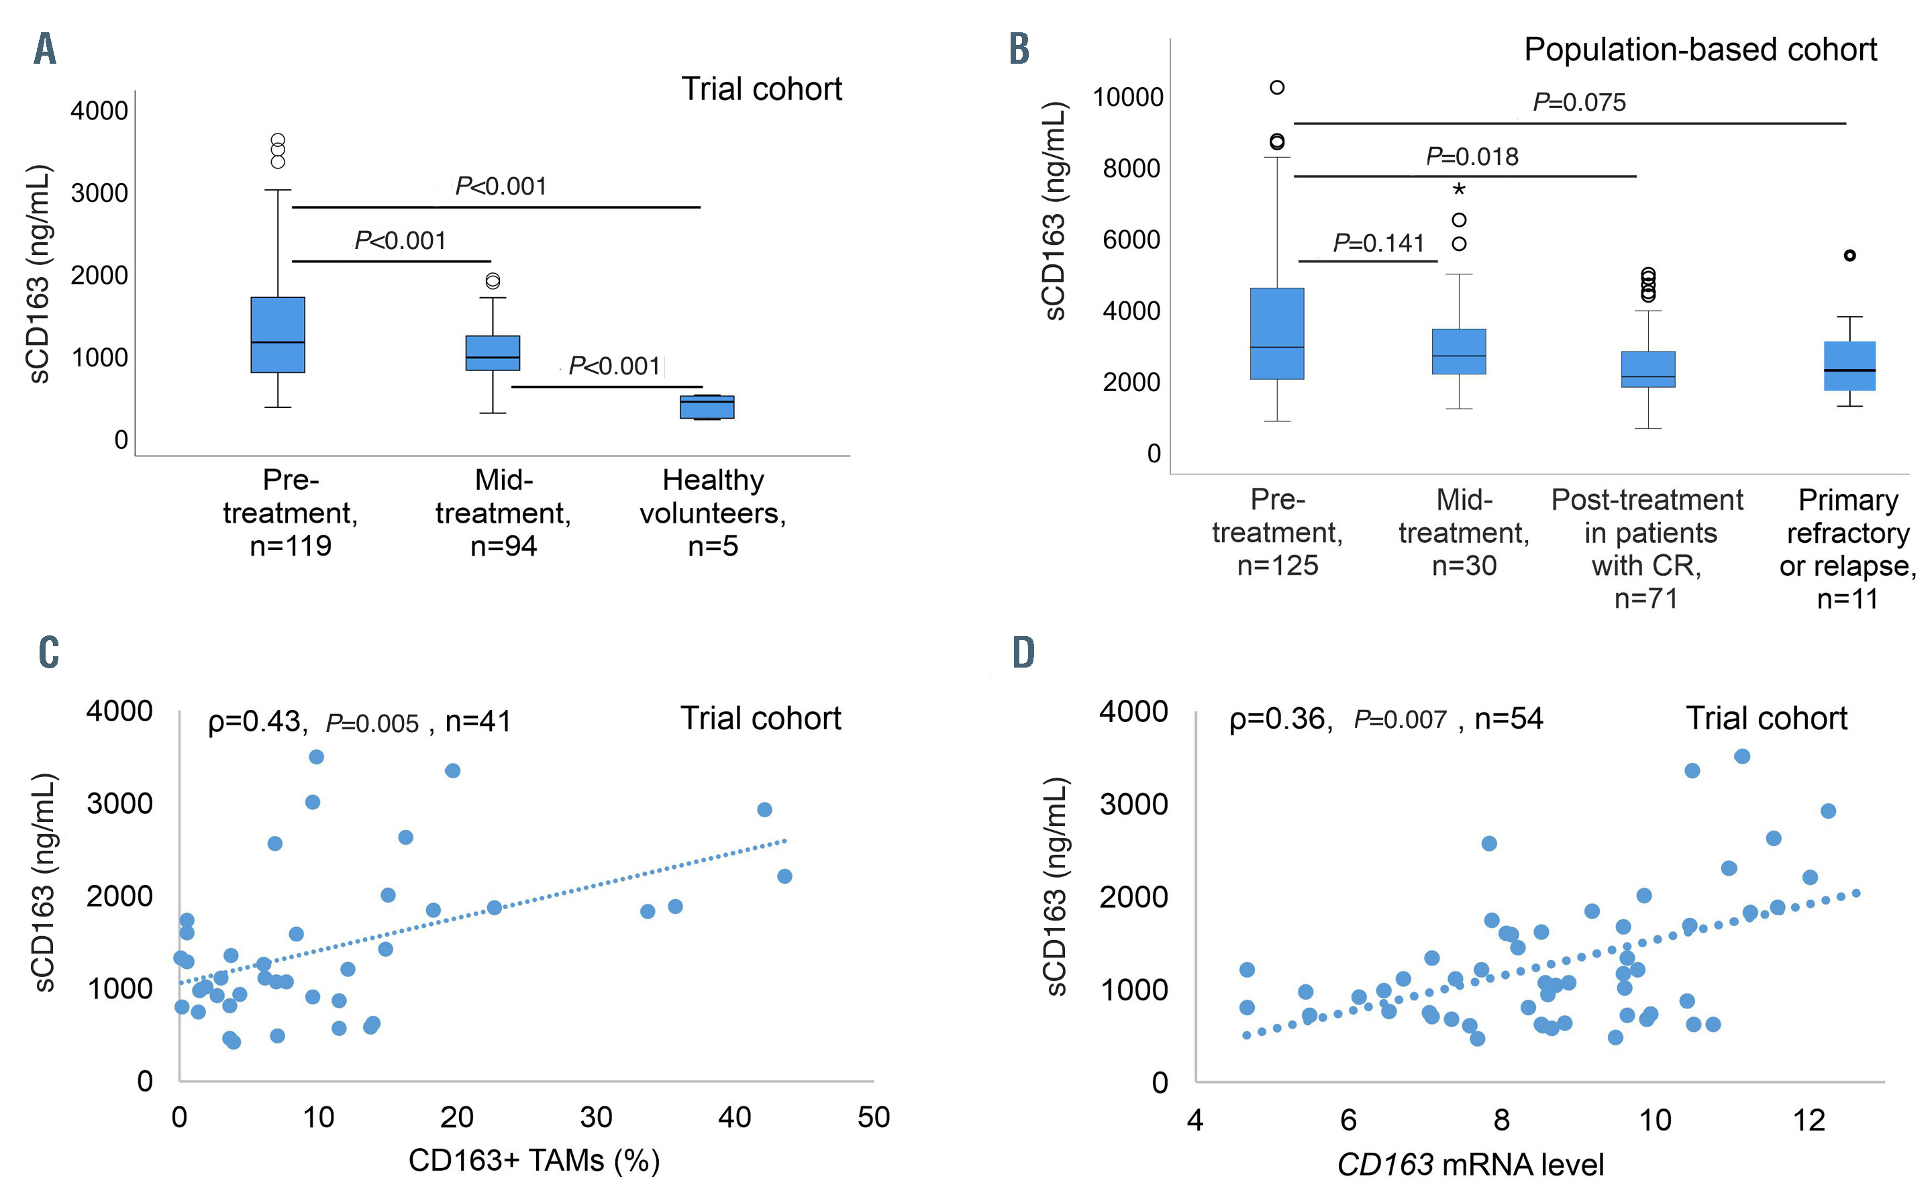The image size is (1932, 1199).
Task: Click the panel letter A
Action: click(45, 49)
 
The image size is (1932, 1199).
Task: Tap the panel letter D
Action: click(1023, 652)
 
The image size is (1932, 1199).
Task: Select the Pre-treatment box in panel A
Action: click(278, 335)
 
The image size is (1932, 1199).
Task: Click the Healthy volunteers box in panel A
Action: click(707, 407)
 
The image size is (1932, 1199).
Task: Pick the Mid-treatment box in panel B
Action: click(1458, 352)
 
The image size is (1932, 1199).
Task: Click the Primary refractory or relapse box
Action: click(1849, 366)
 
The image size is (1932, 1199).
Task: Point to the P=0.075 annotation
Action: click(1578, 102)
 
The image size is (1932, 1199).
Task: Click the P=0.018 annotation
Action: click(1472, 156)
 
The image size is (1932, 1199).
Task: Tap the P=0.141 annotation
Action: click(1378, 243)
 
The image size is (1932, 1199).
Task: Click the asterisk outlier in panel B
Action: click(1458, 189)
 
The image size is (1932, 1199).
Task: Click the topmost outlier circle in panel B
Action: click(1277, 87)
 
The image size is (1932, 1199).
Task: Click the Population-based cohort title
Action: click(1700, 49)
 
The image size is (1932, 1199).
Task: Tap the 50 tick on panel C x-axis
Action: click(873, 1117)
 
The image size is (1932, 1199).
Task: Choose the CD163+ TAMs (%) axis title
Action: click(533, 1161)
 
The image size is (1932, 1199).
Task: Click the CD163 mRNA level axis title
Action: click(1470, 1165)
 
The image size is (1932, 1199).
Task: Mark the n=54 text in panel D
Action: click(1509, 719)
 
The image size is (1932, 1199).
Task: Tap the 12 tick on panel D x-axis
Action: click(1809, 1120)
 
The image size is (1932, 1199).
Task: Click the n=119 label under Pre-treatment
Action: click(291, 546)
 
